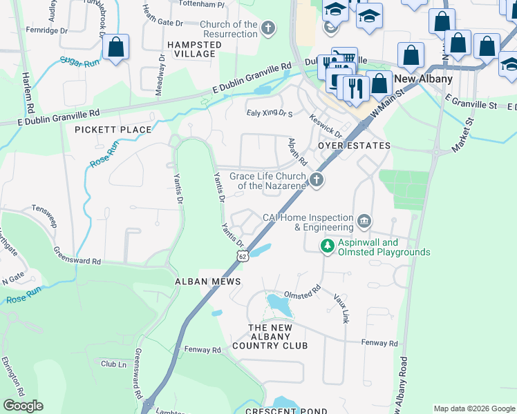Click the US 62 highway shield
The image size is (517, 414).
[x=241, y=256]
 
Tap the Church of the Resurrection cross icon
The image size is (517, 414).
[x=267, y=29]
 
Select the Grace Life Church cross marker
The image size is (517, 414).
[x=317, y=180]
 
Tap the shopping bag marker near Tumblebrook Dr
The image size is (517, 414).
[x=116, y=48]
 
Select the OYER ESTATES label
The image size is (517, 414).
[x=354, y=146]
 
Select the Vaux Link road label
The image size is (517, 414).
[x=341, y=308]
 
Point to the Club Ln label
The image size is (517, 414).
[x=113, y=364]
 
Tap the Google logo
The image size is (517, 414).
[x=23, y=406]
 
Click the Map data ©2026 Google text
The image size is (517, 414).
[x=474, y=408]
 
